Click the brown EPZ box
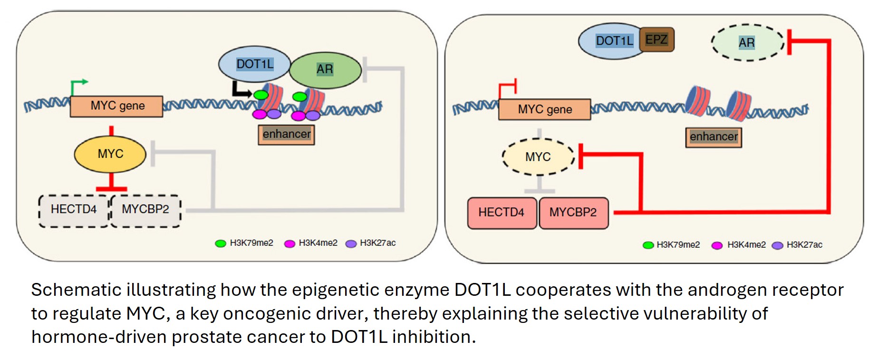pyautogui.click(x=657, y=39)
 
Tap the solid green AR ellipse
pyautogui.click(x=325, y=70)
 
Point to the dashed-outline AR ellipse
pyautogui.click(x=747, y=43)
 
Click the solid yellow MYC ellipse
pyautogui.click(x=110, y=154)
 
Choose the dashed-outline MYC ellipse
pyautogui.click(x=538, y=157)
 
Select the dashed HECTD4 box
pyautogui.click(x=74, y=209)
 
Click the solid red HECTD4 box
pyautogui.click(x=501, y=213)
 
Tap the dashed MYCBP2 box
pyautogui.click(x=145, y=209)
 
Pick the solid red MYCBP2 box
pyautogui.click(x=573, y=213)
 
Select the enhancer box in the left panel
pyautogui.click(x=286, y=134)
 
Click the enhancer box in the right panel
pyautogui.click(x=713, y=137)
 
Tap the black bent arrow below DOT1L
pyautogui.click(x=241, y=90)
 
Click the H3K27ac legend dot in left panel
pyautogui.click(x=351, y=244)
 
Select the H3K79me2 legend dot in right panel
pyautogui.click(x=648, y=245)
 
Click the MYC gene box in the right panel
pyautogui.click(x=545, y=109)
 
